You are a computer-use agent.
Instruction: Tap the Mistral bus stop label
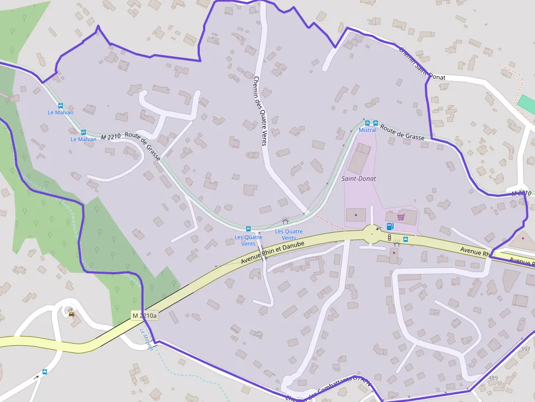367,130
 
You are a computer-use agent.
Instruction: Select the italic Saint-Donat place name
359,178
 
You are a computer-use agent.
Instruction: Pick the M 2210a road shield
145,315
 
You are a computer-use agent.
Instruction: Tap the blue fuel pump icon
390,226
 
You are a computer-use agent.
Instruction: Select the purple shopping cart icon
401,217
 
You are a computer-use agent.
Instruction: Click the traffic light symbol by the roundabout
389,237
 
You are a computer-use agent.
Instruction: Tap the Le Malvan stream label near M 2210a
146,339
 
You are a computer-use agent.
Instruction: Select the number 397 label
525,349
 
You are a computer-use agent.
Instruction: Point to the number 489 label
493,377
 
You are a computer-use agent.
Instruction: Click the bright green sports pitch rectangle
526,104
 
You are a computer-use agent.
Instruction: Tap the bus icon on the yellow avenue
406,239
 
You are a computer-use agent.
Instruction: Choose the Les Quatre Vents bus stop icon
248,229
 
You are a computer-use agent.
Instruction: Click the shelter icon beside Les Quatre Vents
284,221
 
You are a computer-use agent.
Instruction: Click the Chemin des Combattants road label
328,389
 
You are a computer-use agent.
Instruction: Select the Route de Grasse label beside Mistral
402,134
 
